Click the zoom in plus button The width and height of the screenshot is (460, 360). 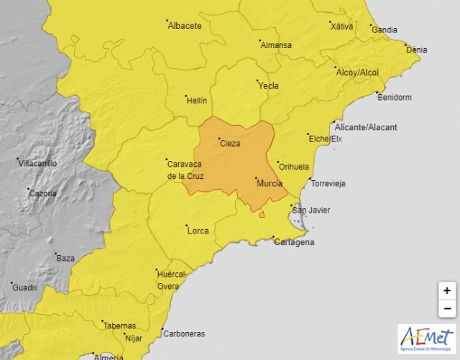(x=447, y=291)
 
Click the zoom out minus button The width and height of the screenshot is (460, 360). (x=447, y=308)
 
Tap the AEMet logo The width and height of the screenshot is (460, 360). (x=427, y=338)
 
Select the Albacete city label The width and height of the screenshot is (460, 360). (x=184, y=26)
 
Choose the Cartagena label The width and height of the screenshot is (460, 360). (x=294, y=242)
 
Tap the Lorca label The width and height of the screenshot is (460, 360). (x=197, y=231)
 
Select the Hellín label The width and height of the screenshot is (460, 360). (x=196, y=100)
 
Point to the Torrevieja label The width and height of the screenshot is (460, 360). (x=328, y=183)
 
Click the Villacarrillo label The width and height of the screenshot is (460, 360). (x=37, y=163)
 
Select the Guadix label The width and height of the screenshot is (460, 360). (x=24, y=287)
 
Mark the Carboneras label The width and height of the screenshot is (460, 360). (x=184, y=333)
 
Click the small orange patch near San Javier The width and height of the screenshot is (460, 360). (x=262, y=214)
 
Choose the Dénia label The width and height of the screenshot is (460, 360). (x=416, y=50)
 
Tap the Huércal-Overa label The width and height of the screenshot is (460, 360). (x=172, y=280)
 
